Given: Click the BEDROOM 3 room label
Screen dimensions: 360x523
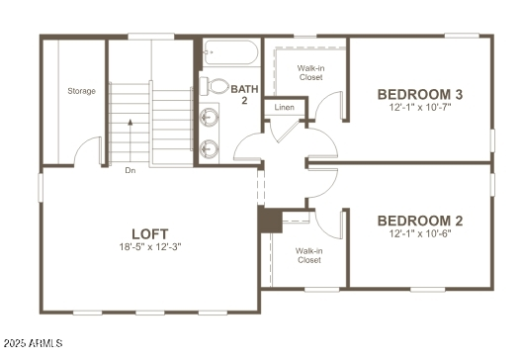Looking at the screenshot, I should click(420, 95).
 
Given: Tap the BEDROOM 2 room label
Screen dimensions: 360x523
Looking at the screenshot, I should click(420, 221).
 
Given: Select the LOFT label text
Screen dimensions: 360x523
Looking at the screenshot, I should click(149, 232).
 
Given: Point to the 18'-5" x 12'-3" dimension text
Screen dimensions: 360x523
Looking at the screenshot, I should click(149, 246).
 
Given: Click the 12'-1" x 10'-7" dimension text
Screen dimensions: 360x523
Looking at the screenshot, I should click(420, 108).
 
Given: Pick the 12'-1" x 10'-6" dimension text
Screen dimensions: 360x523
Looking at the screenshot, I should click(420, 233).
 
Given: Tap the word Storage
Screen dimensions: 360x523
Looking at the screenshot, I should click(81, 91).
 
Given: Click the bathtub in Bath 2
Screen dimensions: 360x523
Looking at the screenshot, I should click(230, 52).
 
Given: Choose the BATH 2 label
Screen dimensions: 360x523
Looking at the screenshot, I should click(244, 95).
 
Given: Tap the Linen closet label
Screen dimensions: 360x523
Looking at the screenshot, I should click(285, 106).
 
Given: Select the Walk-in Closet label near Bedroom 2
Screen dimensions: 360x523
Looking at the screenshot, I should click(308, 255).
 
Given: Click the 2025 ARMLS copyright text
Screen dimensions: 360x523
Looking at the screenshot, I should click(33, 343).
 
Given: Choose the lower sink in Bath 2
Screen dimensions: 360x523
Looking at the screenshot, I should click(210, 150).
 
